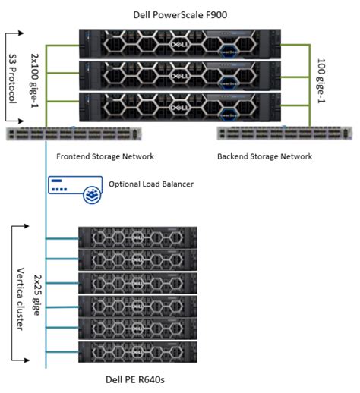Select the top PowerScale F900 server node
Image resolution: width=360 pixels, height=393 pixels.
coord(181,45)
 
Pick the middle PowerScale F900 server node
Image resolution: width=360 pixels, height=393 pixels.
coord(181,77)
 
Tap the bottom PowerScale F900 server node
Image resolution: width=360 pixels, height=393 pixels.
coord(181,108)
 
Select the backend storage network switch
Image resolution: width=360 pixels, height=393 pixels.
coord(284,134)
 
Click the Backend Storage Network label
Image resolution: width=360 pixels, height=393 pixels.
coord(264,156)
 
